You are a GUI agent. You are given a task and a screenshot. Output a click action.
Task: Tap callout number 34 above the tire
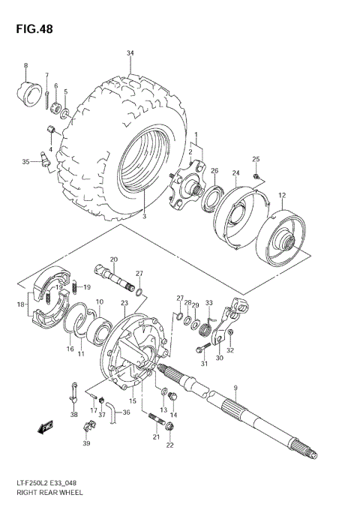130,52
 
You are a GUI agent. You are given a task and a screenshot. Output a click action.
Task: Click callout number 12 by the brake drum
282,196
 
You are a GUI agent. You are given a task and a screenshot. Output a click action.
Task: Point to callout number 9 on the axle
235,388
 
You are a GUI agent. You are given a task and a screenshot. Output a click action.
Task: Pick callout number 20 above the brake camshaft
114,259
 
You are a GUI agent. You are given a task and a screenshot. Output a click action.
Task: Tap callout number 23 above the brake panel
124,302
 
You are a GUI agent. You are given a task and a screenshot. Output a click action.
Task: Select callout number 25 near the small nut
255,159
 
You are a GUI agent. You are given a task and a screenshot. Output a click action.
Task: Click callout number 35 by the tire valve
25,161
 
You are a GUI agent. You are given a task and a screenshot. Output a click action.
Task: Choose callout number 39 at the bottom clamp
86,444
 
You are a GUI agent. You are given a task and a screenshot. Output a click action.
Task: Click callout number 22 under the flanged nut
169,445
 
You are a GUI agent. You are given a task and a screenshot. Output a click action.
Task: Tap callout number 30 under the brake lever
219,358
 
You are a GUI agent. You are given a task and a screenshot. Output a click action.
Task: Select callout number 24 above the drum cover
235,173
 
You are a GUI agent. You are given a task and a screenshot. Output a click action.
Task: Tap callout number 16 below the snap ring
70,349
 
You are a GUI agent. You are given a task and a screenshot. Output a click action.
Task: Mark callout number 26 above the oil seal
214,170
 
